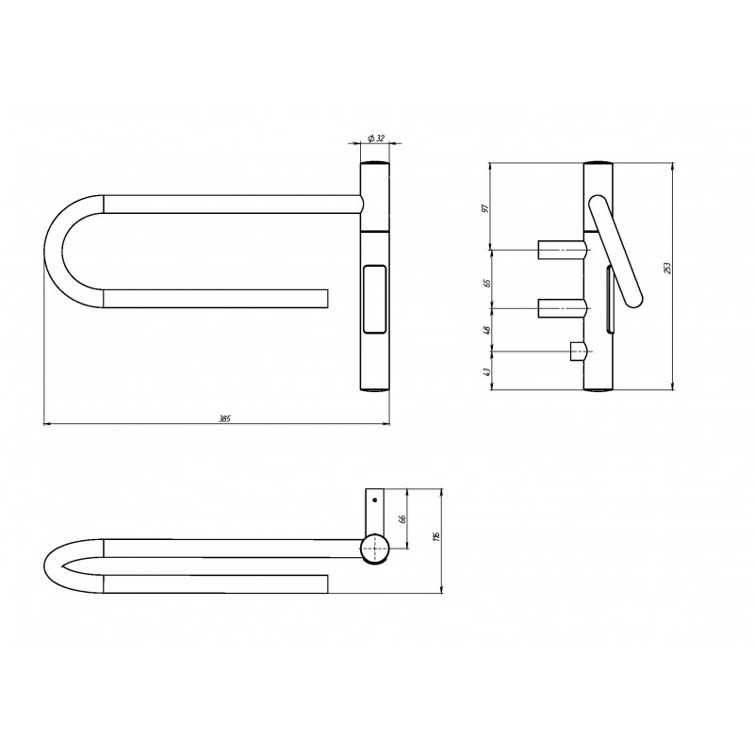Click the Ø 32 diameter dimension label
click(x=376, y=139)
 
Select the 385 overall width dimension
click(x=224, y=418)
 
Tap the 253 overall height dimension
click(x=667, y=269)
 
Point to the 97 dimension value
click(x=485, y=208)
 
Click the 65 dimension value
click(x=487, y=283)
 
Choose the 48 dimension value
click(x=487, y=330)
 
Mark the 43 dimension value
click(x=486, y=371)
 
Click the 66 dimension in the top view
click(x=403, y=518)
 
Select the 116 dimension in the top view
click(x=436, y=536)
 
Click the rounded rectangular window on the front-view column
click(x=374, y=299)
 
